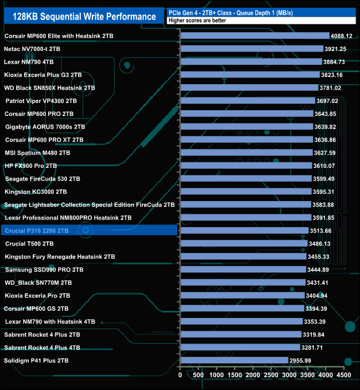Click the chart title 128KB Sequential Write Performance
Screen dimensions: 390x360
[80, 17]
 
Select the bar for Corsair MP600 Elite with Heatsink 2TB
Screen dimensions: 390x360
[255, 36]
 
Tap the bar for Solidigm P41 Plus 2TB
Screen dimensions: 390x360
[234, 361]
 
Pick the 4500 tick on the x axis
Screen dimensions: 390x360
[344, 375]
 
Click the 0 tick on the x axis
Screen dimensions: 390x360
[181, 375]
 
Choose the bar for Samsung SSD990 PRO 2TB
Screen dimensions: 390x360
[243, 270]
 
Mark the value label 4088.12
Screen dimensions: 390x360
[342, 36]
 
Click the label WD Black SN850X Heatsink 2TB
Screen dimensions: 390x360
[50, 88]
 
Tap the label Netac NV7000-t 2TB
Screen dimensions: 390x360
[32, 49]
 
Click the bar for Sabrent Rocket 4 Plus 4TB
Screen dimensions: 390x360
[240, 347]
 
